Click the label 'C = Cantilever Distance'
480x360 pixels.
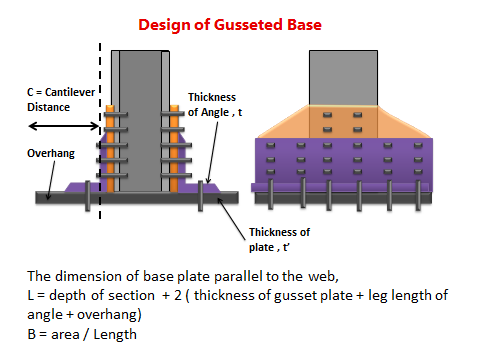pyautogui.click(x=62, y=100)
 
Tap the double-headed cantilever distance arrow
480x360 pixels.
pyautogui.click(x=62, y=126)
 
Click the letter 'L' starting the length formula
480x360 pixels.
pyautogui.click(x=32, y=297)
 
